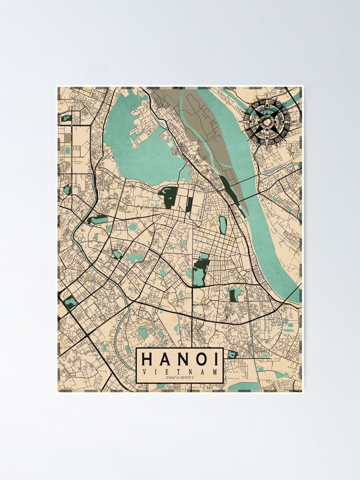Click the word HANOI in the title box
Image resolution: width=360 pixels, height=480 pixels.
tap(180, 360)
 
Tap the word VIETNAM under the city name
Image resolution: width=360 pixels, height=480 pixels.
tap(180, 372)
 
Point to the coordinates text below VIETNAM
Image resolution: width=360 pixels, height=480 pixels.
tap(180, 378)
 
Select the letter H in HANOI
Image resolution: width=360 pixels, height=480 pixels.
tap(147, 360)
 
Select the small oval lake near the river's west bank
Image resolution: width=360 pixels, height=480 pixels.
tap(223, 225)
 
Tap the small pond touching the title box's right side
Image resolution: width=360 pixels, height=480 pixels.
tap(232, 355)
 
